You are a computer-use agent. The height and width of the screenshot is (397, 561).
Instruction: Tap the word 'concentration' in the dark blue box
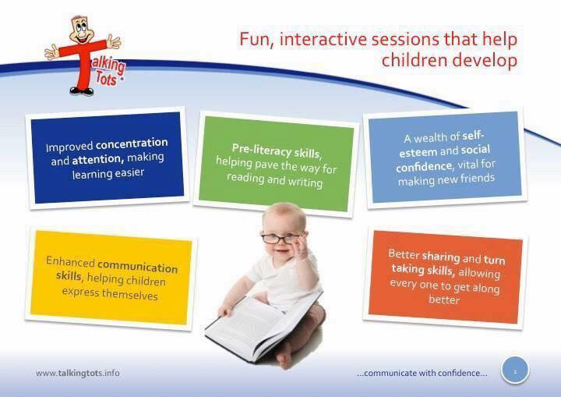(132, 144)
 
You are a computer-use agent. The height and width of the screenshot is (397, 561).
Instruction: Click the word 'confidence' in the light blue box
(425, 167)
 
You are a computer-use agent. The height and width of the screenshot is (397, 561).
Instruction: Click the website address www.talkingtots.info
(78, 373)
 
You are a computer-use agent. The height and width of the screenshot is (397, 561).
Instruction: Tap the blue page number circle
(515, 370)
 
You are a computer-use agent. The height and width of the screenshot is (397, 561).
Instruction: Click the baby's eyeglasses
(280, 238)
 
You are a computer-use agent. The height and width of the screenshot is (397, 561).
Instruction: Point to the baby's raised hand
(301, 246)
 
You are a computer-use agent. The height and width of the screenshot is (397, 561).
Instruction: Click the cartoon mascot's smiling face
(81, 30)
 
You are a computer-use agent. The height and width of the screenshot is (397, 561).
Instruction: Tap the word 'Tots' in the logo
(106, 79)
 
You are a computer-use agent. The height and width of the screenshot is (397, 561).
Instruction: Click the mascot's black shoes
(82, 91)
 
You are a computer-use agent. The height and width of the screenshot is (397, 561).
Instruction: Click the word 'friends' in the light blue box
(477, 178)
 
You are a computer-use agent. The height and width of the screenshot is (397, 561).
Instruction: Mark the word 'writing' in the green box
(305, 182)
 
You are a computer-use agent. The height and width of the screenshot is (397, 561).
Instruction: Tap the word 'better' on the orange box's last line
(444, 300)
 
